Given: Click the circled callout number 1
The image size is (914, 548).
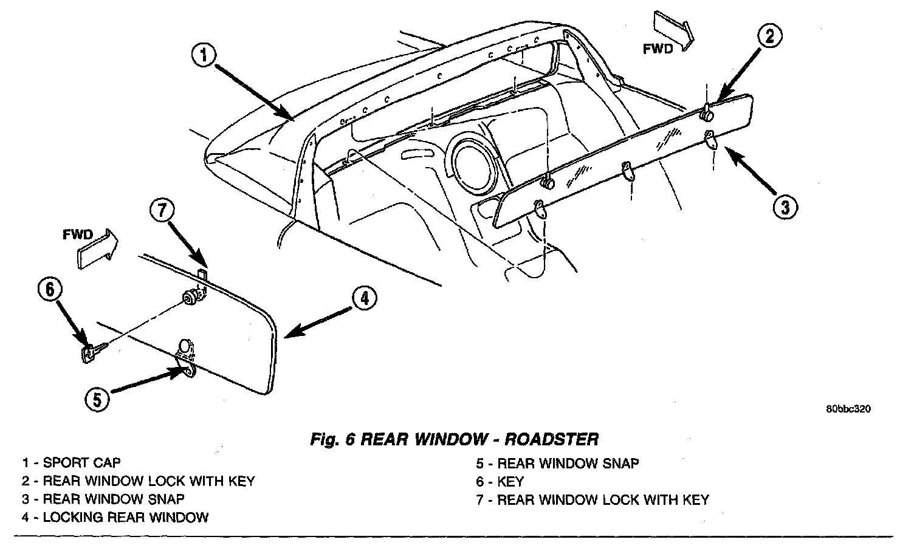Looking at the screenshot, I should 204,56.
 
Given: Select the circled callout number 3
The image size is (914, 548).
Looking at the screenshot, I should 785,207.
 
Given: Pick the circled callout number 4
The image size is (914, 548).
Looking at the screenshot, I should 363,298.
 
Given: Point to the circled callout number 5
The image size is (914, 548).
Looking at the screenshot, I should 98,399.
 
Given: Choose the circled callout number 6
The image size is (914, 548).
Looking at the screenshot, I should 50,289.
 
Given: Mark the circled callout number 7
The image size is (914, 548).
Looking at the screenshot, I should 161,211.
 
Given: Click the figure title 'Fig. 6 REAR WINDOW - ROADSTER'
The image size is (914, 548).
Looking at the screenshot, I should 454,439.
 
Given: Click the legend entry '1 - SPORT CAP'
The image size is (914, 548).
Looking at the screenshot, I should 71,464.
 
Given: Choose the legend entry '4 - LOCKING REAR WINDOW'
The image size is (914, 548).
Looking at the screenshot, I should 115,518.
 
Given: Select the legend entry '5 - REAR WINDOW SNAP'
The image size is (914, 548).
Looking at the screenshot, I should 557,464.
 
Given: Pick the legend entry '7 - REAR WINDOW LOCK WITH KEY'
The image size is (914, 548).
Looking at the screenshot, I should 593,500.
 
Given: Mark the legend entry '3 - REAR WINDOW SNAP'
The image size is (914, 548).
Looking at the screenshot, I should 103,499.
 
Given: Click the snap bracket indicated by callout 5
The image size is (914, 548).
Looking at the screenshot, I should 185,359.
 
